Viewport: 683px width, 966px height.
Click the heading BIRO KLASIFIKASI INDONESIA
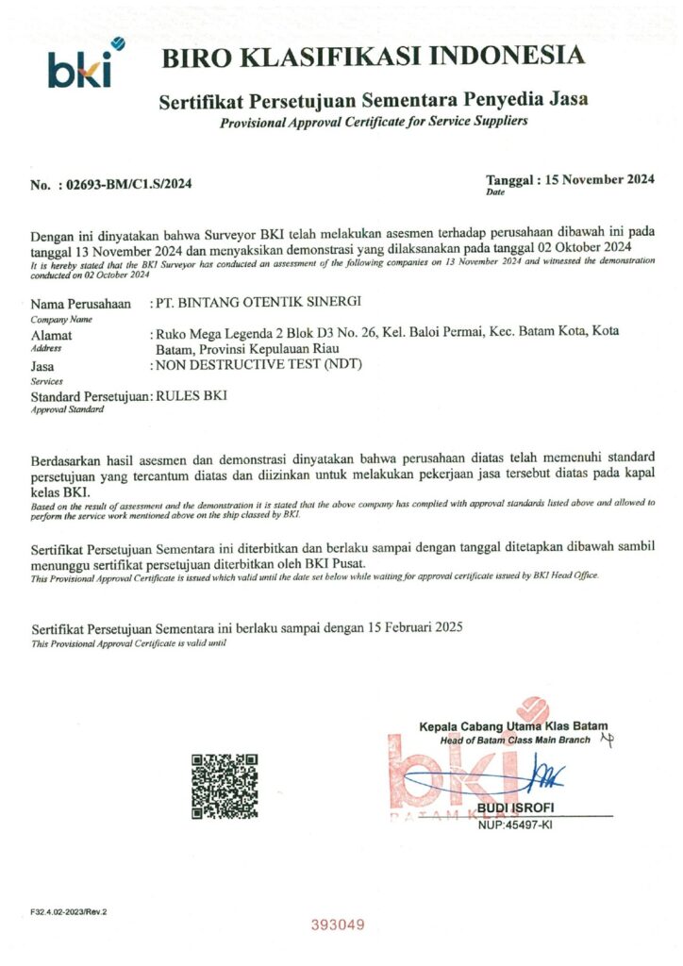[x=373, y=57]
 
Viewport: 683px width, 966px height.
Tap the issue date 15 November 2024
[x=600, y=179]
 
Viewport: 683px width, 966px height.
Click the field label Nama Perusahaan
[x=80, y=304]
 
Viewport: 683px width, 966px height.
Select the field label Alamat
[x=52, y=334]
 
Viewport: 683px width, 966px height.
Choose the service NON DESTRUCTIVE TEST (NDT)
[x=260, y=365]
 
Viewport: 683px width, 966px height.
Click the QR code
[x=225, y=785]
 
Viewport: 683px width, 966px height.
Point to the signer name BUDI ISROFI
[x=515, y=808]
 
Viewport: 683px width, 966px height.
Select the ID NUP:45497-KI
[x=515, y=824]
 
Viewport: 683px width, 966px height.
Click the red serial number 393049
[x=338, y=925]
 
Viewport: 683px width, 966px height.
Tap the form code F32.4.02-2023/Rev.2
[x=69, y=912]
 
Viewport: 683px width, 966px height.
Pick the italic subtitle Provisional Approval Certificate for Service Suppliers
[x=374, y=123]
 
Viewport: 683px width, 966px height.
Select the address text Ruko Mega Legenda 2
[x=216, y=334]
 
